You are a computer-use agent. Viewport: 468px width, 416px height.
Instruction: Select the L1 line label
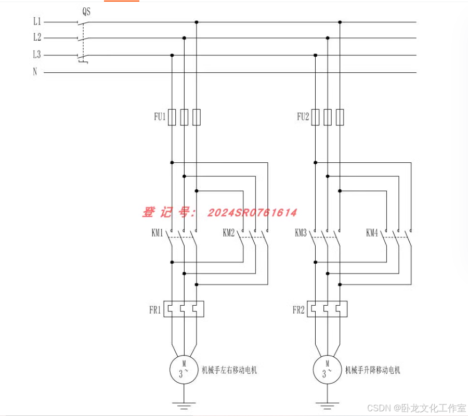[37, 22]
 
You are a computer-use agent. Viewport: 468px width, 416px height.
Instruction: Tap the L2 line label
[37, 37]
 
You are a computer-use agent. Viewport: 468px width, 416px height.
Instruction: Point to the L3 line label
[37, 55]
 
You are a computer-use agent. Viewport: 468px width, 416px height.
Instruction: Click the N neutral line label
[35, 72]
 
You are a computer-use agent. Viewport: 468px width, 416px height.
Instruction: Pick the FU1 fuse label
[159, 117]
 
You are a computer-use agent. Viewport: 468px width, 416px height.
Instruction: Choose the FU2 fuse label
[303, 117]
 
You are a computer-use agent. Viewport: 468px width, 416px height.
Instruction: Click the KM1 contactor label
[158, 232]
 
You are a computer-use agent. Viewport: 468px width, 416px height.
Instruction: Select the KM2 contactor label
[229, 232]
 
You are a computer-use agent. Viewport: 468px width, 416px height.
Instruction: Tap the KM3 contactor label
[301, 232]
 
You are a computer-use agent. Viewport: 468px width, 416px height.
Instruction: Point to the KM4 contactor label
[372, 232]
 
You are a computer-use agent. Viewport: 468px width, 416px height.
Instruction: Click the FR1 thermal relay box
[184, 309]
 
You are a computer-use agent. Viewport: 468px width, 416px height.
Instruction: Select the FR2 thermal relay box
[327, 309]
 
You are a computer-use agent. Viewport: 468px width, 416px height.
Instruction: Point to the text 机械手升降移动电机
[373, 370]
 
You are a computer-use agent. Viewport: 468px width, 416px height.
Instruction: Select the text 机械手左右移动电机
[229, 370]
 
